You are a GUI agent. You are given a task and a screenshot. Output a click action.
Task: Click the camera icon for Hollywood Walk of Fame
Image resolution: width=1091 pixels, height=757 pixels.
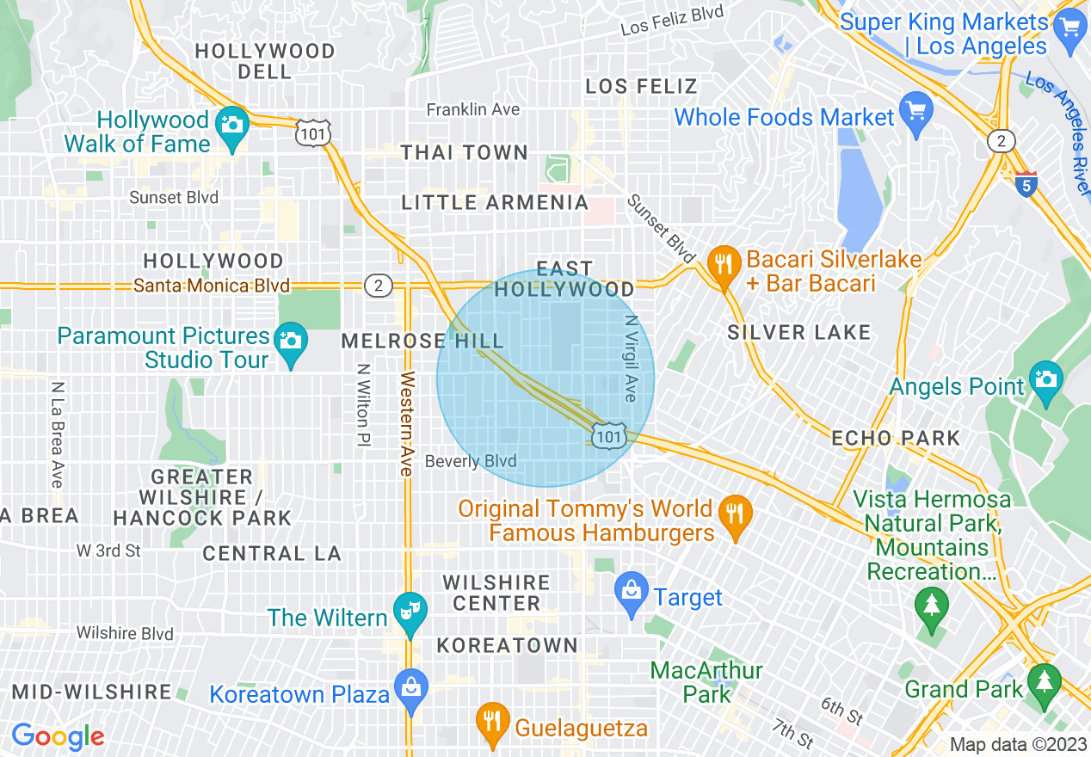tap(231, 123)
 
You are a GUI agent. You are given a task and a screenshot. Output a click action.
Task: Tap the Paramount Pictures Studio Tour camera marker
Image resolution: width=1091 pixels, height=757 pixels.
tap(290, 340)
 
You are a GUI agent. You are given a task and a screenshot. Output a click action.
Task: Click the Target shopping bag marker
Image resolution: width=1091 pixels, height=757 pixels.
tap(632, 590)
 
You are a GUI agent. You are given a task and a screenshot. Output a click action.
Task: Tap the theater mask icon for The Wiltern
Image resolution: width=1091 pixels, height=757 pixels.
tap(410, 610)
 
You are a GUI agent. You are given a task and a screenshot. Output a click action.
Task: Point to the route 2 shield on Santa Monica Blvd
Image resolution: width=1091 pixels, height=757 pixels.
tap(378, 285)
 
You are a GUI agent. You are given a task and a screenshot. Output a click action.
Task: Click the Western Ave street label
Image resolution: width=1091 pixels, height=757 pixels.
tap(408, 423)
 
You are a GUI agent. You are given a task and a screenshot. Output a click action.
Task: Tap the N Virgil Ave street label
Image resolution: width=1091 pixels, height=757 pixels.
tap(631, 357)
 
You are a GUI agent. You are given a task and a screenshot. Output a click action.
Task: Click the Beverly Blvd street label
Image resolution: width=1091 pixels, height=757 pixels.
tap(471, 462)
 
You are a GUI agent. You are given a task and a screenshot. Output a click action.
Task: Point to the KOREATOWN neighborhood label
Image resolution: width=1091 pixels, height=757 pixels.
tap(507, 645)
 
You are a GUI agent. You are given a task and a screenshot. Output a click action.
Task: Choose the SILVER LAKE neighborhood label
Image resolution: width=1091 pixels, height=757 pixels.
tap(798, 332)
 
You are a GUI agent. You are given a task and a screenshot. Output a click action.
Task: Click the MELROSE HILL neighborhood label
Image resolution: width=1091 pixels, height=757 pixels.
tap(422, 341)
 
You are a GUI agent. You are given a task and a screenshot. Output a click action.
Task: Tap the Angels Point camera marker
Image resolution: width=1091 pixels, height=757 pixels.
tap(1045, 379)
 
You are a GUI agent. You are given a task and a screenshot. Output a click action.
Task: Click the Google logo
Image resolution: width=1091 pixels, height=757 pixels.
tap(58, 736)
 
